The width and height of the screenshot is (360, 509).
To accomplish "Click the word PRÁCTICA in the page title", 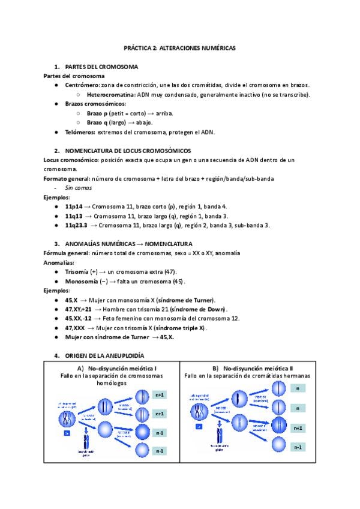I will pyautogui.click(x=137, y=47).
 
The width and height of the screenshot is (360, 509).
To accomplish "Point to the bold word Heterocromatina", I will pyautogui.click(x=111, y=95).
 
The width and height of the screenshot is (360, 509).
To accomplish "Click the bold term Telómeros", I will pyautogui.click(x=81, y=132).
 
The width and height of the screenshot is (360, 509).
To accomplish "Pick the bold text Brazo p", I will pyautogui.click(x=99, y=113).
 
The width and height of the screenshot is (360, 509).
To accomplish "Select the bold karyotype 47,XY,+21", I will pyautogui.click(x=78, y=309).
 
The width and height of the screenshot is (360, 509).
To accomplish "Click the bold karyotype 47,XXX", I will pyautogui.click(x=75, y=328).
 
